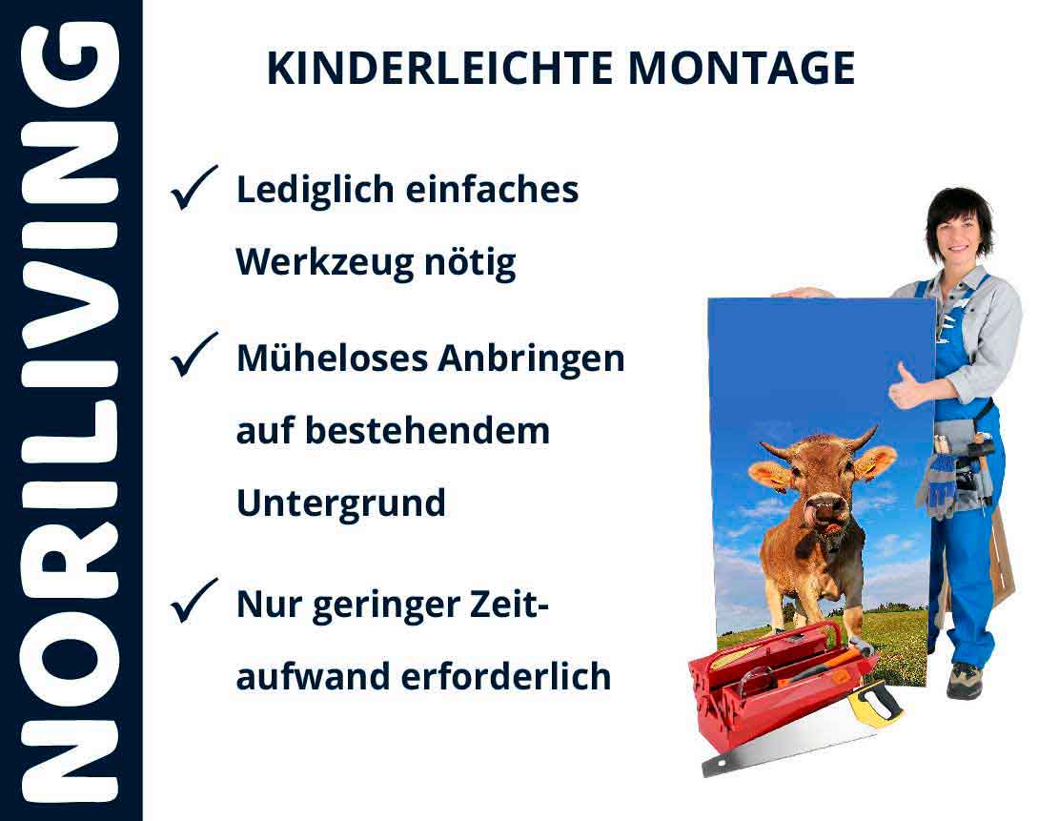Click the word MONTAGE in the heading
(741, 69)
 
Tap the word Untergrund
(340, 503)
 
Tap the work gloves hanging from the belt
(938, 481)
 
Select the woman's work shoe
(964, 680)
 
